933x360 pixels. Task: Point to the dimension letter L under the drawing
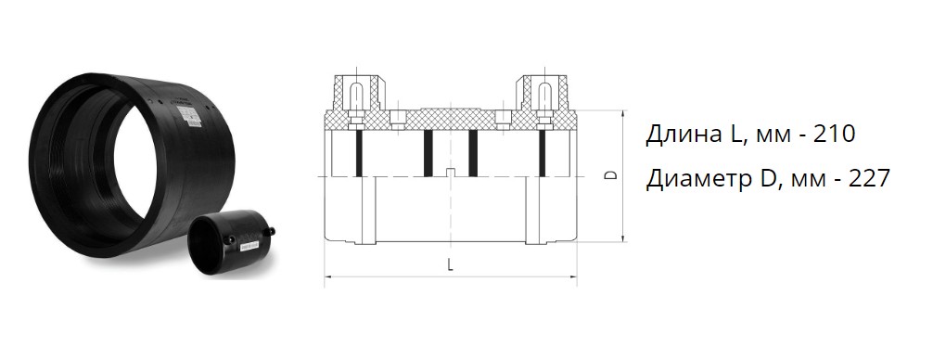pyautogui.click(x=451, y=264)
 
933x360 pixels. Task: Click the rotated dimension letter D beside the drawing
pyautogui.click(x=608, y=175)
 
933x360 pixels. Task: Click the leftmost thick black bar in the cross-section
pyautogui.click(x=359, y=153)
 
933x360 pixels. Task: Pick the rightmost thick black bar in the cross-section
pyautogui.click(x=542, y=153)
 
